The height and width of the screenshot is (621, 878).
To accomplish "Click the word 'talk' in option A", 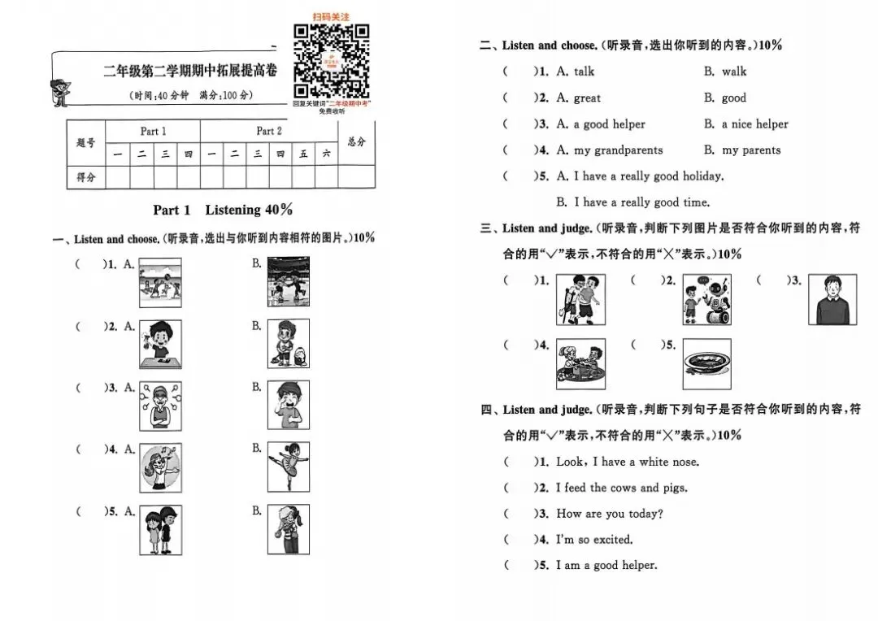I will [584, 72].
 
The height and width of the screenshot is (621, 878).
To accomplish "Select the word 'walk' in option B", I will [734, 72].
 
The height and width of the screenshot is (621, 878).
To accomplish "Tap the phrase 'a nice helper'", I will [754, 124].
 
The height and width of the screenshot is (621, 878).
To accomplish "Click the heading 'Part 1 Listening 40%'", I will [223, 210].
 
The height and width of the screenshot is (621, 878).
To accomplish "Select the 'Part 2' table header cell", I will [269, 131].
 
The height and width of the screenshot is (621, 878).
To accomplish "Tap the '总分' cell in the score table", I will [356, 141].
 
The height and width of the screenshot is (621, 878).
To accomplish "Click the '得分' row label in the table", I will [86, 176].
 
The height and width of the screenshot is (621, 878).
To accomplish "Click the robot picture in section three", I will [706, 300].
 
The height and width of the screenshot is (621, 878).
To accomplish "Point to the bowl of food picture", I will [706, 363].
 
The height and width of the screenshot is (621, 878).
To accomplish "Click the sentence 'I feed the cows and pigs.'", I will [621, 488].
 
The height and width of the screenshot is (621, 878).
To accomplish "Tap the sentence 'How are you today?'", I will [609, 514].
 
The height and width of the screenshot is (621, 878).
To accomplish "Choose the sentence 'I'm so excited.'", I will [593, 539].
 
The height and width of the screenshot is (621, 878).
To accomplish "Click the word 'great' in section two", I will [587, 98].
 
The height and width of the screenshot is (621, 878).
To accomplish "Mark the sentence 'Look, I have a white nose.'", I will [627, 462].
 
